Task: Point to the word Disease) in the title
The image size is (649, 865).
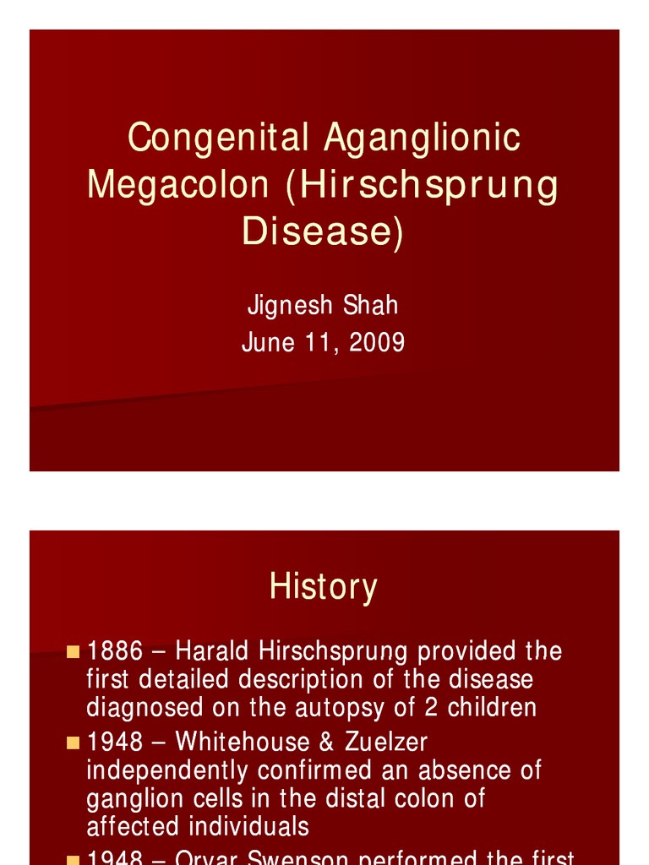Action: [x=324, y=231]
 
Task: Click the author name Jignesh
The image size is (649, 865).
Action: [x=290, y=306]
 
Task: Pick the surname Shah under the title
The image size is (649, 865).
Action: [x=369, y=305]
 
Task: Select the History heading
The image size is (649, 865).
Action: [x=323, y=586]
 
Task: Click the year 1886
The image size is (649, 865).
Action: [x=116, y=651]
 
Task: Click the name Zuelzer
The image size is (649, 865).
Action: [x=386, y=742]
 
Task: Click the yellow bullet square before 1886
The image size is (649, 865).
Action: [x=73, y=651]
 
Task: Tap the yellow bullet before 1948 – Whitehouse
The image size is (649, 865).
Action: [x=73, y=742]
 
